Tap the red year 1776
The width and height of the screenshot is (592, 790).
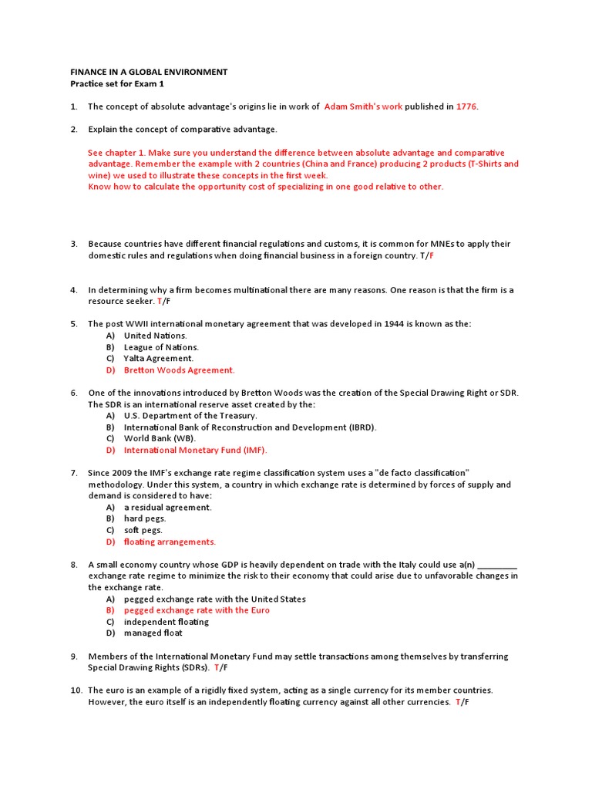[467, 106]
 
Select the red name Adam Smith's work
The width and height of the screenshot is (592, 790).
[363, 106]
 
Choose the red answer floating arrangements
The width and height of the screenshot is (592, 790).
[170, 542]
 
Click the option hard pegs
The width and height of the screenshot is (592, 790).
[145, 518]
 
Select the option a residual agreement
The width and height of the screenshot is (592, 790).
[167, 507]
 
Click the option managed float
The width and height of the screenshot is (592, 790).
[153, 633]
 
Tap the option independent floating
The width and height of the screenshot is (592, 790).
[166, 622]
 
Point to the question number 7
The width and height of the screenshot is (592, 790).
[74, 472]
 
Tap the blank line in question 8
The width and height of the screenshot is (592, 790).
[497, 565]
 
